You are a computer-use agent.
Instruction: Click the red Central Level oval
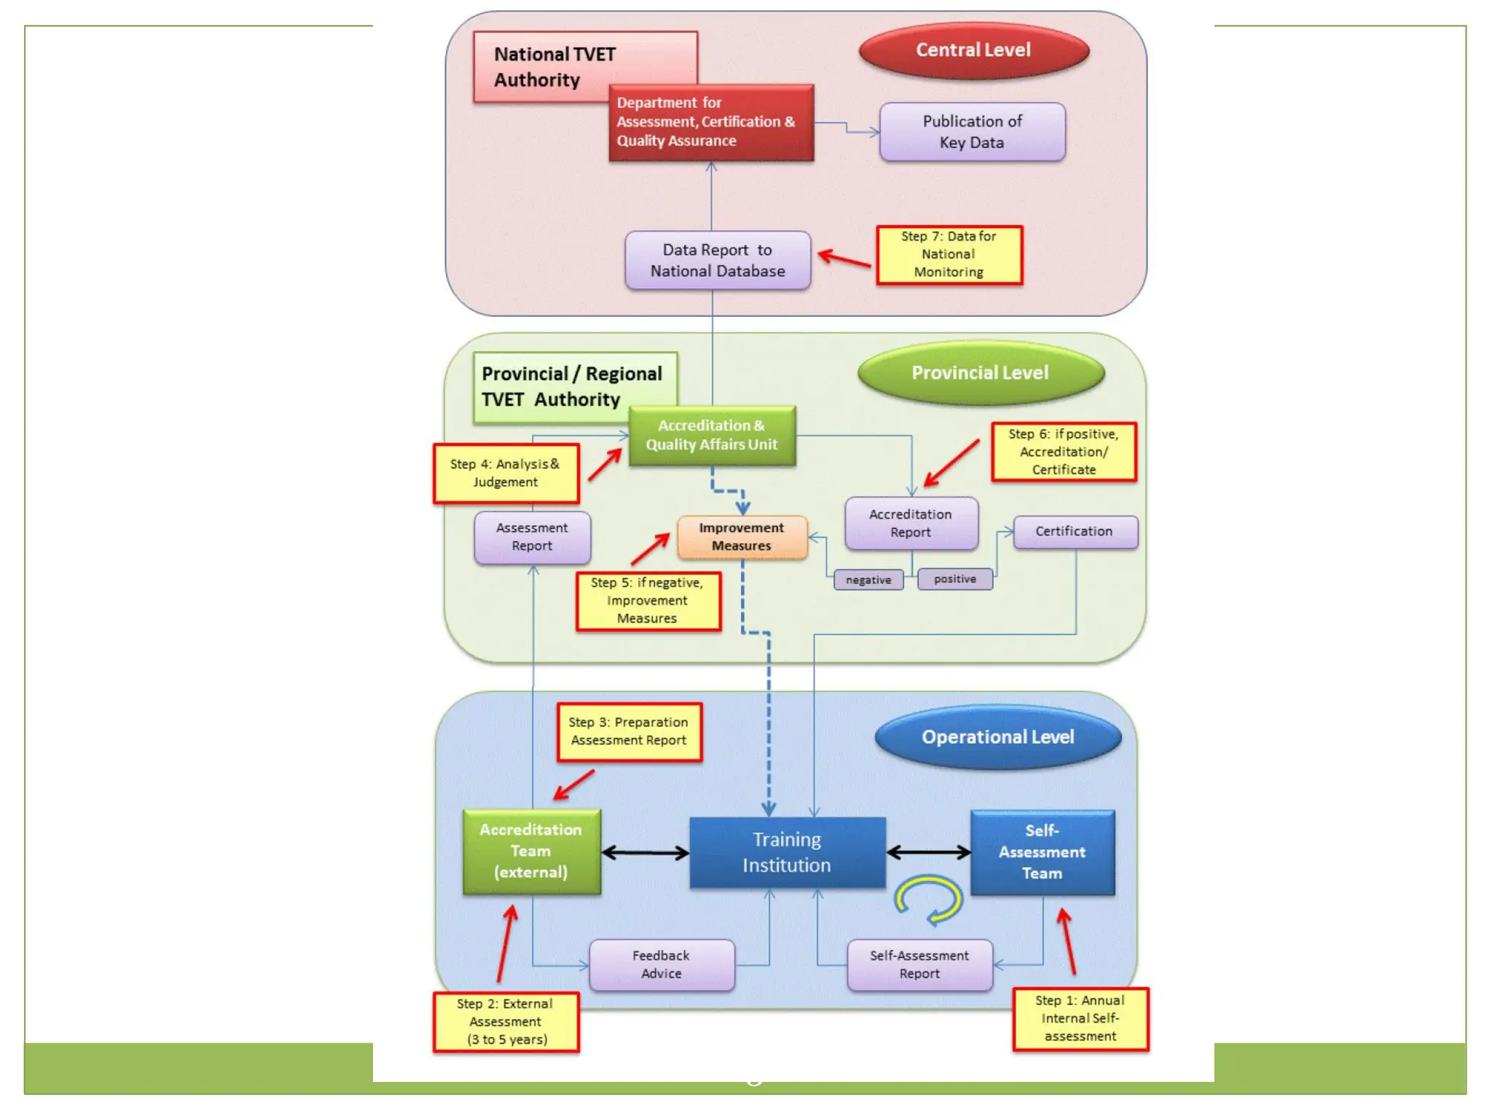point(973,50)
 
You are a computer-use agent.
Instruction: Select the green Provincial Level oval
point(981,373)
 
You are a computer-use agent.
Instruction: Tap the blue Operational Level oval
point(997,737)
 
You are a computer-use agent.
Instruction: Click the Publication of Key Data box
point(972,132)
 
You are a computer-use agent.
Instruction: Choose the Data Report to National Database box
point(718,261)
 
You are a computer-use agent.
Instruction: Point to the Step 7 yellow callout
point(949,254)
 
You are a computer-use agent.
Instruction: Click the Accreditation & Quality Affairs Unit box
point(712,436)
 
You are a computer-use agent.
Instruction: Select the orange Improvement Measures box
point(742,537)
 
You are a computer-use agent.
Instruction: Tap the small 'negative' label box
point(868,580)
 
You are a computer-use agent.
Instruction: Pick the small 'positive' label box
point(954,579)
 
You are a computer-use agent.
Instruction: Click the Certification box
point(1075,532)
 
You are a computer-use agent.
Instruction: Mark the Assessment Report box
point(532,537)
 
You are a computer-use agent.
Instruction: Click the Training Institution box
point(787,852)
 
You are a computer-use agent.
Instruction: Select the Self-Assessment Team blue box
point(1042,852)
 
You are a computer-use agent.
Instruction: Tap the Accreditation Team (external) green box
point(531,851)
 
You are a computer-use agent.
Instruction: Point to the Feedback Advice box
point(661,965)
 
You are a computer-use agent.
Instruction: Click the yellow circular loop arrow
point(929,898)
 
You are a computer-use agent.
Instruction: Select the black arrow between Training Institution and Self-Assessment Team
point(928,852)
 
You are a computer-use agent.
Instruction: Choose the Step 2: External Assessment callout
point(506,1021)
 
